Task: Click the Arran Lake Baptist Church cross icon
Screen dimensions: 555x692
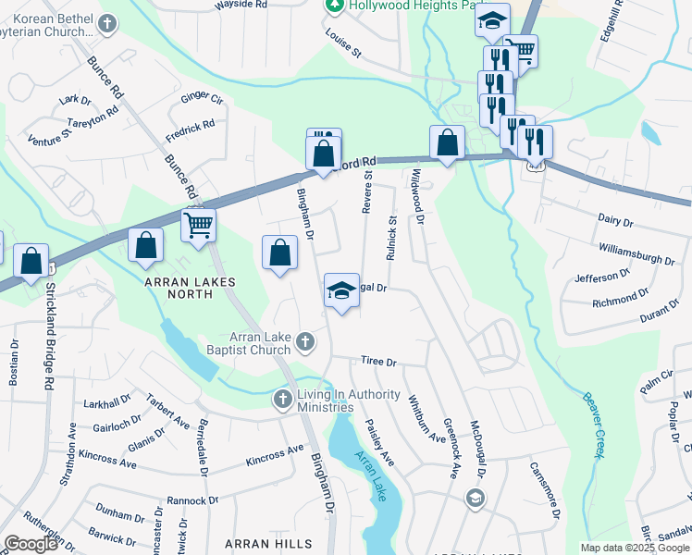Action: coord(306,344)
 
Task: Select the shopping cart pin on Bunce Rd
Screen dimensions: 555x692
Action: coord(199,225)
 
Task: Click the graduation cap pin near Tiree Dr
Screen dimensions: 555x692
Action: coord(341,290)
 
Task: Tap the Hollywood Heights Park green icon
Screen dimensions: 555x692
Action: coord(335,6)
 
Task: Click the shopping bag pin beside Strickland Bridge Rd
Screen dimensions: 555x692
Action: coord(31,262)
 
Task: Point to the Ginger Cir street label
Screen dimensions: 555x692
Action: coord(203,97)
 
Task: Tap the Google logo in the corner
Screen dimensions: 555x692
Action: coord(30,544)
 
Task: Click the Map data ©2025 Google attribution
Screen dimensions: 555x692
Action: coord(634,548)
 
